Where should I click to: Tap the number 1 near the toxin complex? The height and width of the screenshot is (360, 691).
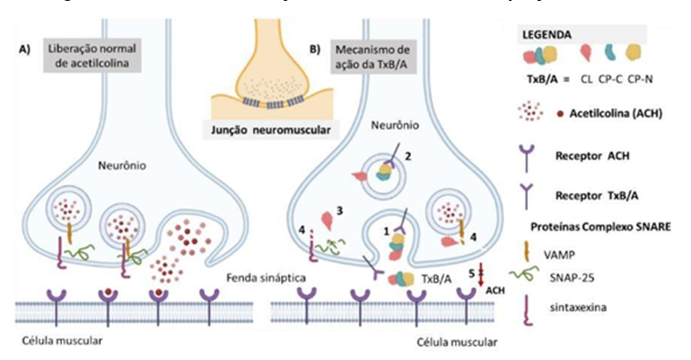pyautogui.click(x=387, y=231)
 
